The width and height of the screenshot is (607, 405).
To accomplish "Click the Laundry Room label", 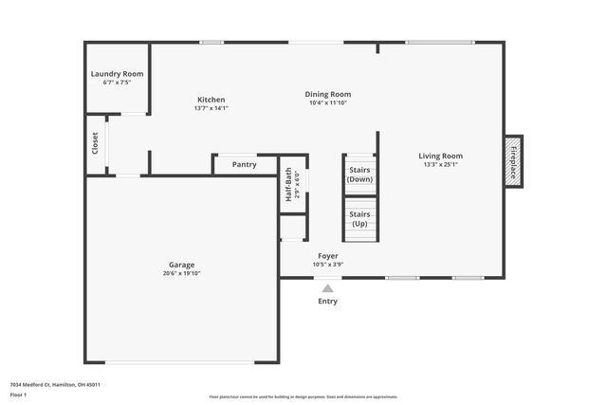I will coord(117,74).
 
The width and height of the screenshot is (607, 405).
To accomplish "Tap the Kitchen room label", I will coord(211,100).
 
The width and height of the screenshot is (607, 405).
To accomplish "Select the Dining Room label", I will coord(328,94).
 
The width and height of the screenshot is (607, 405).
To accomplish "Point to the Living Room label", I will coord(442,156).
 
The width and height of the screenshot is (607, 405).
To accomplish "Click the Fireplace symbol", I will coord(513,161).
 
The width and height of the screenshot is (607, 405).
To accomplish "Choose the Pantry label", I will coord(245,165).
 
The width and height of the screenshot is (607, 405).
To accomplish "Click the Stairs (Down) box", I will coord(360,175).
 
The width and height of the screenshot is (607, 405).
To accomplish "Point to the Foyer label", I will coord(328,256).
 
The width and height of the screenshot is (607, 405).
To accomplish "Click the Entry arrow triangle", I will coord(327,288).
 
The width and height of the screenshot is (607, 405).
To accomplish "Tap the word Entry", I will coord(327,302).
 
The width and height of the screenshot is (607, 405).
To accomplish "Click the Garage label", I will coord(182,265).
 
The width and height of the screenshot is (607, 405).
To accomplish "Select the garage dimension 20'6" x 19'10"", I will coord(182,273).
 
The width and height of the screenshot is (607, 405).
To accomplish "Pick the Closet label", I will coord(95,144).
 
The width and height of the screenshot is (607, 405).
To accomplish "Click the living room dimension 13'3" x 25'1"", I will coord(442,165).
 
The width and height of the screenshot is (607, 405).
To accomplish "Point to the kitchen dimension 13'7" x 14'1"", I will coord(211,108).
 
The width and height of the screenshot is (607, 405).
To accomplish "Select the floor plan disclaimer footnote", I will coord(303,396).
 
